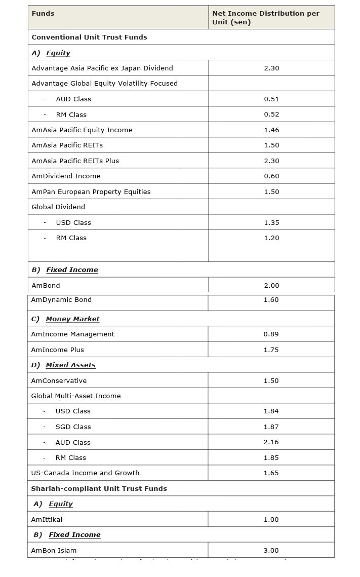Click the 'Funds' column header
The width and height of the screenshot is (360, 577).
coord(43,13)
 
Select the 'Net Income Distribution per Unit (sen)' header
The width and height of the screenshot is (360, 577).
coord(266,18)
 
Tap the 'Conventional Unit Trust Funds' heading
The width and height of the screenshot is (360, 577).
coord(89,37)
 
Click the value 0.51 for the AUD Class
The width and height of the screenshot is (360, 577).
coord(271,99)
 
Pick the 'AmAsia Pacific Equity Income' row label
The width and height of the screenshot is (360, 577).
coord(82,130)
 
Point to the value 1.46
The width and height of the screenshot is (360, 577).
coord(271,130)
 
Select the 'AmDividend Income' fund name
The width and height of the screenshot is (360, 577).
coord(66,176)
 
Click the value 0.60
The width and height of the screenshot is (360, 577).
coord(271,176)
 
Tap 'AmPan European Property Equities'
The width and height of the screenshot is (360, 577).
coord(91,191)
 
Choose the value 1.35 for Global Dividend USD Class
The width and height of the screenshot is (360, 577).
coord(271,222)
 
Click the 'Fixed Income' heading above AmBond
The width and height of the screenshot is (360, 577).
coord(72,270)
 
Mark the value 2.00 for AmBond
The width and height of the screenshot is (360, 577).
coord(271,285)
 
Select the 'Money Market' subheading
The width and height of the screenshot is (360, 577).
coord(72,319)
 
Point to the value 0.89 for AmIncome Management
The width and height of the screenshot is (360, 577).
coord(271,334)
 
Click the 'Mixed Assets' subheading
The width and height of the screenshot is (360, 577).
coord(70,365)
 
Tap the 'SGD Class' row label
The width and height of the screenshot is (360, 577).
coord(73,427)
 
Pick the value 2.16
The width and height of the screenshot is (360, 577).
coord(271,442)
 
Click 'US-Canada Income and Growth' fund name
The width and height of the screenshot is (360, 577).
coord(85,473)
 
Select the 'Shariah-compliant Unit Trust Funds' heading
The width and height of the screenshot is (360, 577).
coord(99,488)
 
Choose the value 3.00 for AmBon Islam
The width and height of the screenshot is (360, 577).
coord(271,550)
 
